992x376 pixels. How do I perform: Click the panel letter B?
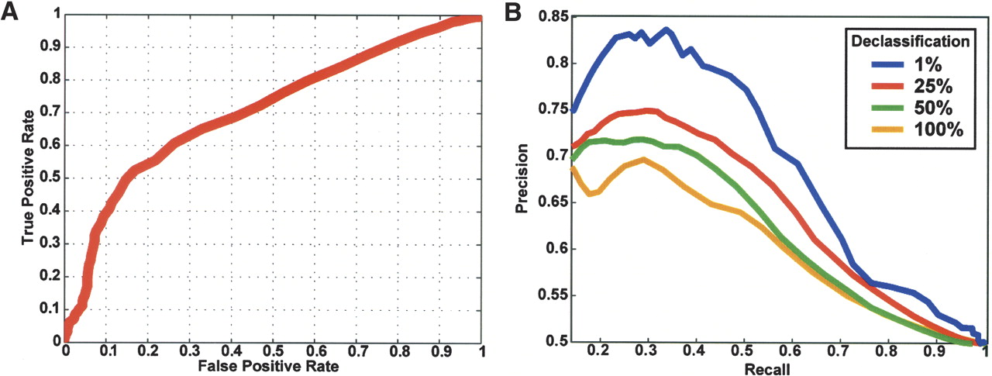tap(511, 13)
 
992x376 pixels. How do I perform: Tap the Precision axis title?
tap(522, 178)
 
